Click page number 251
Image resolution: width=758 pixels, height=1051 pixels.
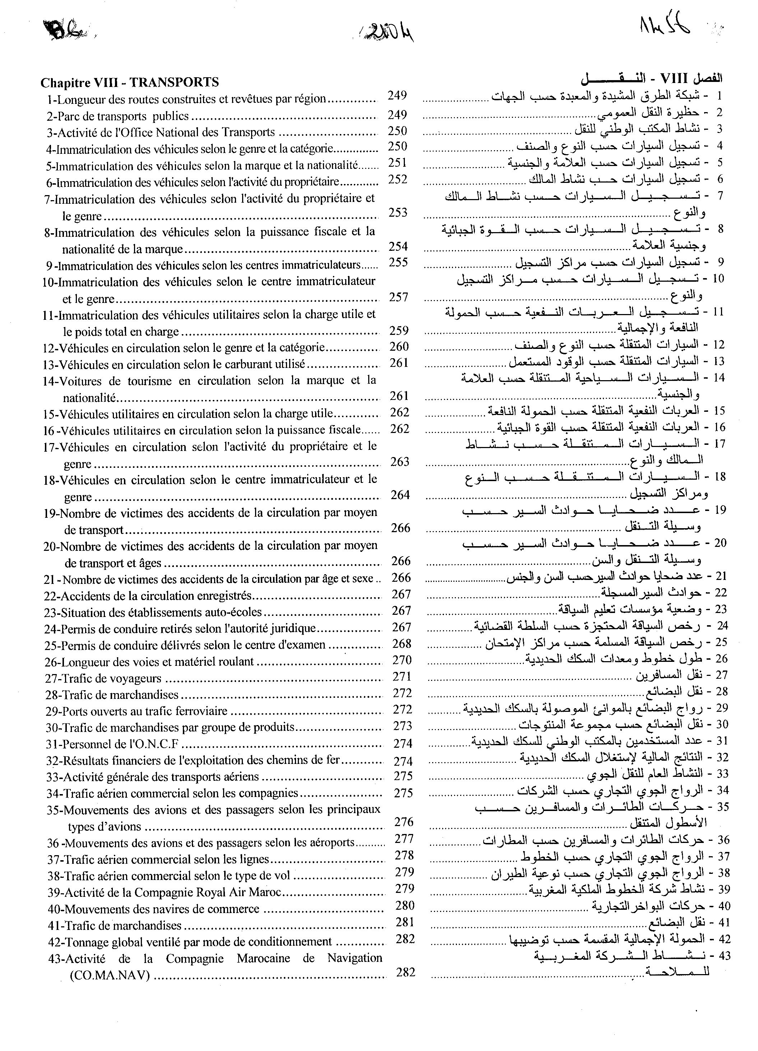[398, 163]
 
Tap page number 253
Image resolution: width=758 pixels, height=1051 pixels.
[398, 213]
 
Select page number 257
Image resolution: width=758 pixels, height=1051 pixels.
[398, 297]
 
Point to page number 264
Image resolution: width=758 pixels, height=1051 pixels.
[400, 495]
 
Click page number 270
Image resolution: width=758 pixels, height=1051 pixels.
[402, 660]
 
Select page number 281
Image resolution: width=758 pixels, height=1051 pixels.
[405, 922]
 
